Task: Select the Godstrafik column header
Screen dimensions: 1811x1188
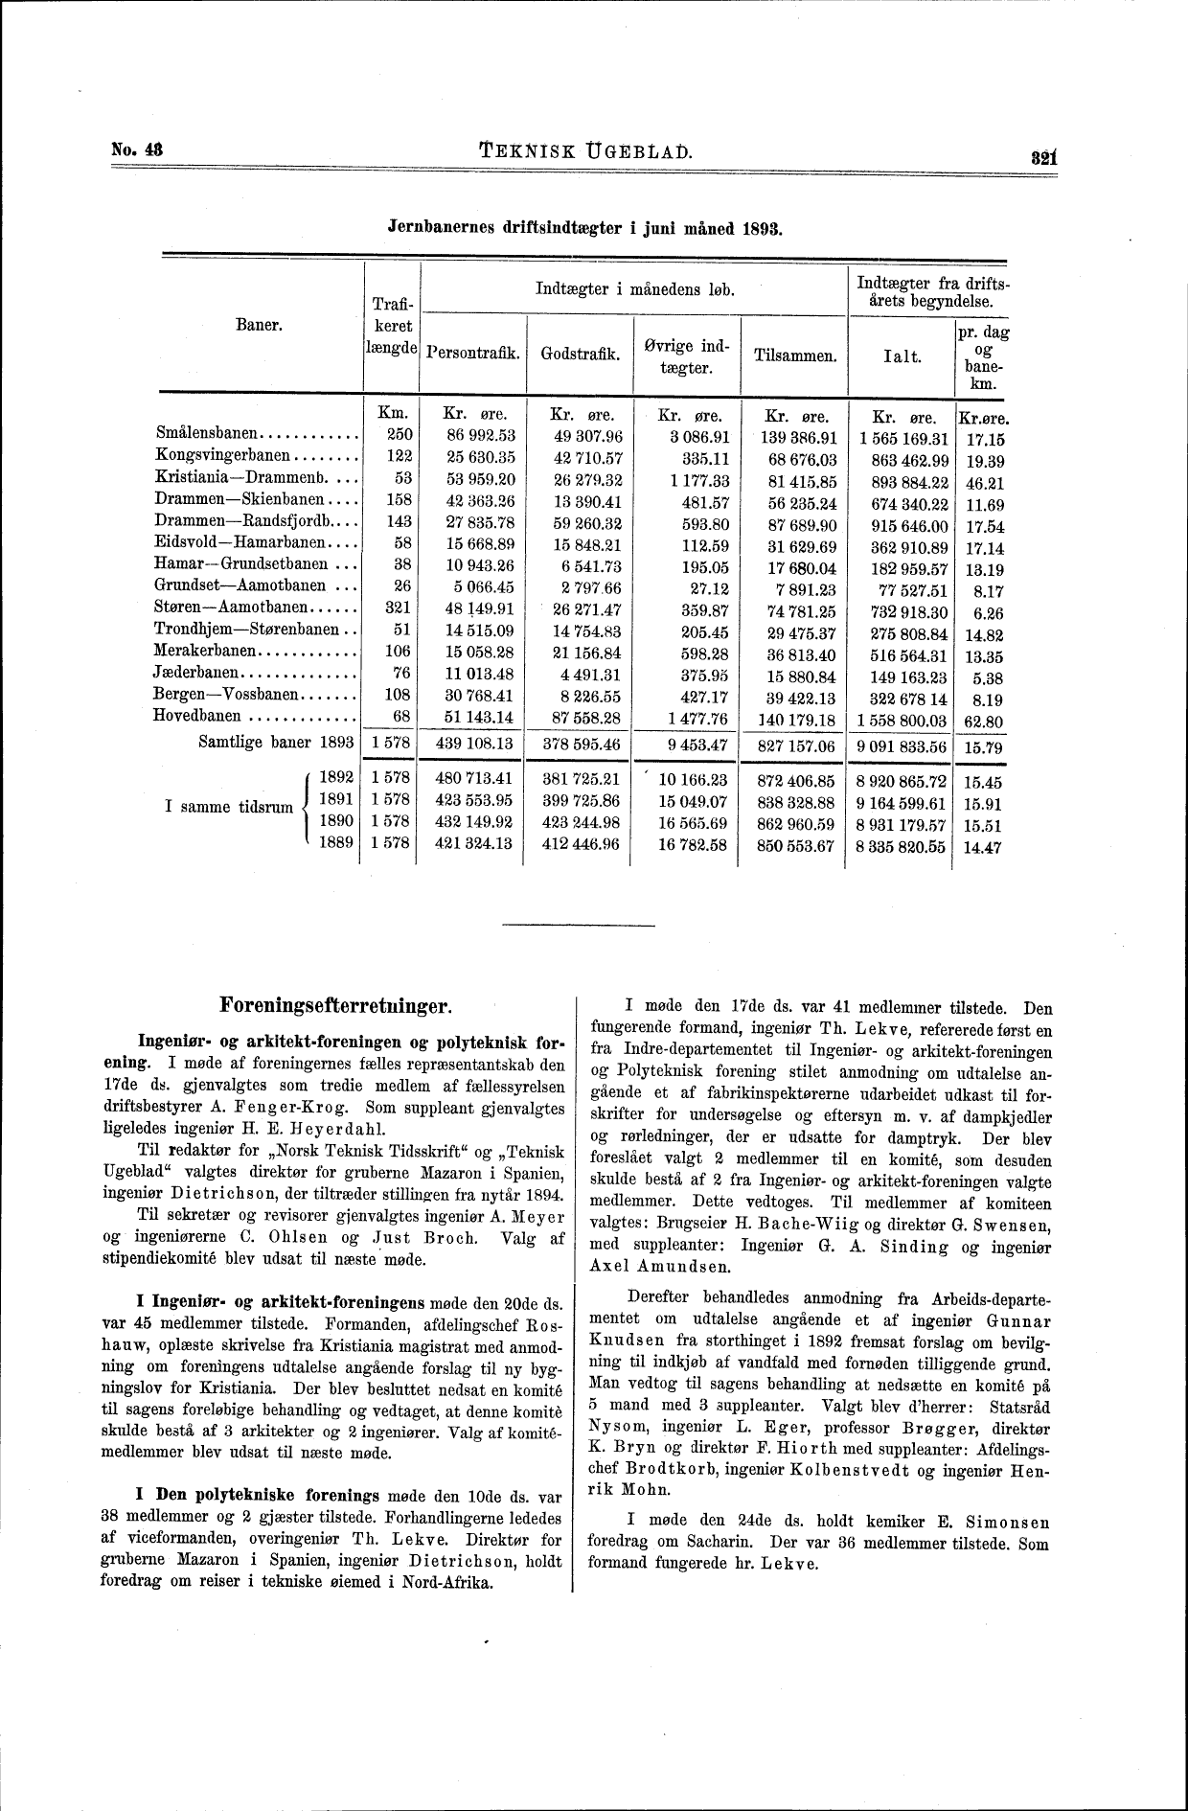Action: pyautogui.click(x=580, y=354)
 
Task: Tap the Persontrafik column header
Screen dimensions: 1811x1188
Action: pyautogui.click(x=473, y=354)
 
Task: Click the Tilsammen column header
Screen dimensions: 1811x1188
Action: pyautogui.click(x=795, y=355)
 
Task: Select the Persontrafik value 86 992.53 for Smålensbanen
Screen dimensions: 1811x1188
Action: pyautogui.click(x=474, y=437)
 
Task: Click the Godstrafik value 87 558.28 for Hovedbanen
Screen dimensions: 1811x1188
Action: pyautogui.click(x=582, y=719)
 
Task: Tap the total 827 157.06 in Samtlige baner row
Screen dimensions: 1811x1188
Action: pyautogui.click(x=795, y=745)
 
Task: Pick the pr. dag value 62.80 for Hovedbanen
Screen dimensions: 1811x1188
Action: pyautogui.click(x=983, y=721)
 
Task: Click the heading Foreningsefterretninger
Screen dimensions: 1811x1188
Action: pyautogui.click(x=334, y=1006)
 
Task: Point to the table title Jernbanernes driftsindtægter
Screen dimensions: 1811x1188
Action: pyautogui.click(x=583, y=230)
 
